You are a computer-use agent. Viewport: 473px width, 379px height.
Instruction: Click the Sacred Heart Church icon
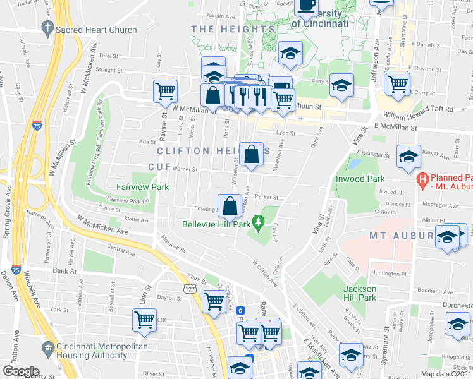46,28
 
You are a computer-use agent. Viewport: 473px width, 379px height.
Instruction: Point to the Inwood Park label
360,179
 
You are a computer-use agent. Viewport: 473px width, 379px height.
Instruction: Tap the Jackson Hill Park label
359,293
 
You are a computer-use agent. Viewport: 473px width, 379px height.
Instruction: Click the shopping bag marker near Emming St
229,204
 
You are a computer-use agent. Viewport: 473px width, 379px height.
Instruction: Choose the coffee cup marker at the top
307,5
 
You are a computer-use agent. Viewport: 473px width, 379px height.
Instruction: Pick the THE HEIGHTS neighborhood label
233,29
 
